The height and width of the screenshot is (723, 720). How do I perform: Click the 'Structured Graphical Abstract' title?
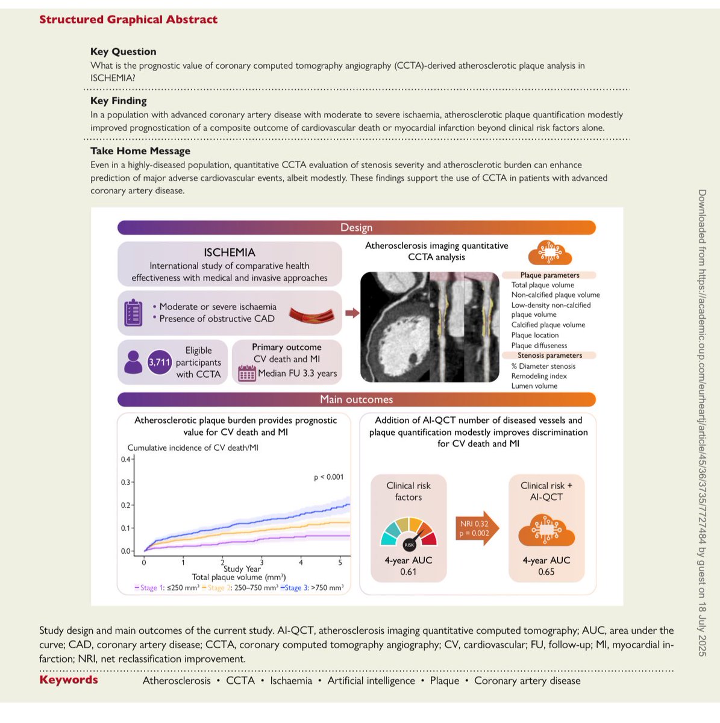(x=128, y=19)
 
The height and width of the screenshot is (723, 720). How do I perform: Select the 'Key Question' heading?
(x=123, y=52)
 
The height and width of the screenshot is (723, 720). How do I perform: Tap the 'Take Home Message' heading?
(x=140, y=151)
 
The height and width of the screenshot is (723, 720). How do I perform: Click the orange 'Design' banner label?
(x=356, y=228)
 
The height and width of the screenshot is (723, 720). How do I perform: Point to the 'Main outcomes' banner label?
(x=356, y=399)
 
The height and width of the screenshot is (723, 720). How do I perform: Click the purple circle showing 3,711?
(x=160, y=362)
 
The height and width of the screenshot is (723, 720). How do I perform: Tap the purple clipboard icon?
(x=133, y=313)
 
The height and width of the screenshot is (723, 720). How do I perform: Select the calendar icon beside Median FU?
(x=247, y=374)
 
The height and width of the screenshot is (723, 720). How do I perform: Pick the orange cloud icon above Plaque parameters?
(x=549, y=253)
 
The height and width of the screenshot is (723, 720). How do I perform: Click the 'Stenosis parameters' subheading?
(x=549, y=355)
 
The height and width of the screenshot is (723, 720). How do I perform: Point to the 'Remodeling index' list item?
(x=539, y=376)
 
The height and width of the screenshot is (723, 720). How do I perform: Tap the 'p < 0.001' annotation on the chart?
(x=328, y=477)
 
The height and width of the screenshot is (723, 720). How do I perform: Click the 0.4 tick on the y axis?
(x=125, y=460)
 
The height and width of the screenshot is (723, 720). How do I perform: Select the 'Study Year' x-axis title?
(x=242, y=569)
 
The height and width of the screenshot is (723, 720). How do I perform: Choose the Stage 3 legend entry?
(x=312, y=587)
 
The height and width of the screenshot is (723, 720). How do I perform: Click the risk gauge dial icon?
(x=409, y=533)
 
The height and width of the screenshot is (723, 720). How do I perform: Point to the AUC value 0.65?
(x=546, y=572)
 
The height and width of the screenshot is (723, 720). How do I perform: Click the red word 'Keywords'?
(x=68, y=680)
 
